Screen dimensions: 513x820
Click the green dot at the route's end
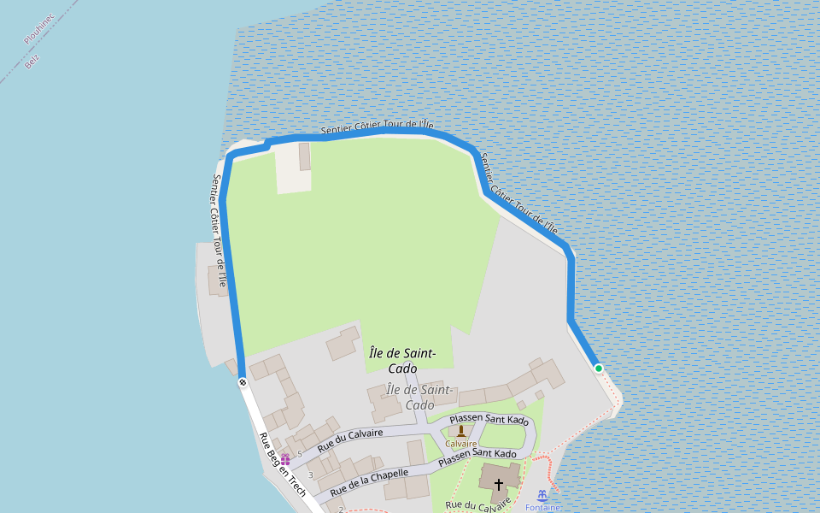tap(599, 369)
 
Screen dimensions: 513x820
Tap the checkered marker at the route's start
tap(243, 382)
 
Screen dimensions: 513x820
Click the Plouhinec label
tap(39, 28)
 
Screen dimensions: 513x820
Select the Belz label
tap(32, 61)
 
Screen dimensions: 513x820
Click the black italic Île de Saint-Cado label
tap(402, 361)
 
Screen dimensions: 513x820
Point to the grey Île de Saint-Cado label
tap(419, 397)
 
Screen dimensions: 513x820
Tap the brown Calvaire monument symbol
tap(461, 431)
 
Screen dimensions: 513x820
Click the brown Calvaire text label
tap(461, 444)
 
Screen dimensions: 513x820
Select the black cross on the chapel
tap(499, 484)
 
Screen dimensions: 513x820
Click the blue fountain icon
tap(542, 495)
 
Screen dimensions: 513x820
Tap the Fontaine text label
tap(542, 507)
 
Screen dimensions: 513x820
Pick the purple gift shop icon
tap(285, 460)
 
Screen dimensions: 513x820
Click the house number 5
tap(300, 453)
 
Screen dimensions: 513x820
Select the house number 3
tap(310, 475)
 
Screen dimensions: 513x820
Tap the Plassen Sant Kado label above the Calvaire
tap(489, 419)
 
